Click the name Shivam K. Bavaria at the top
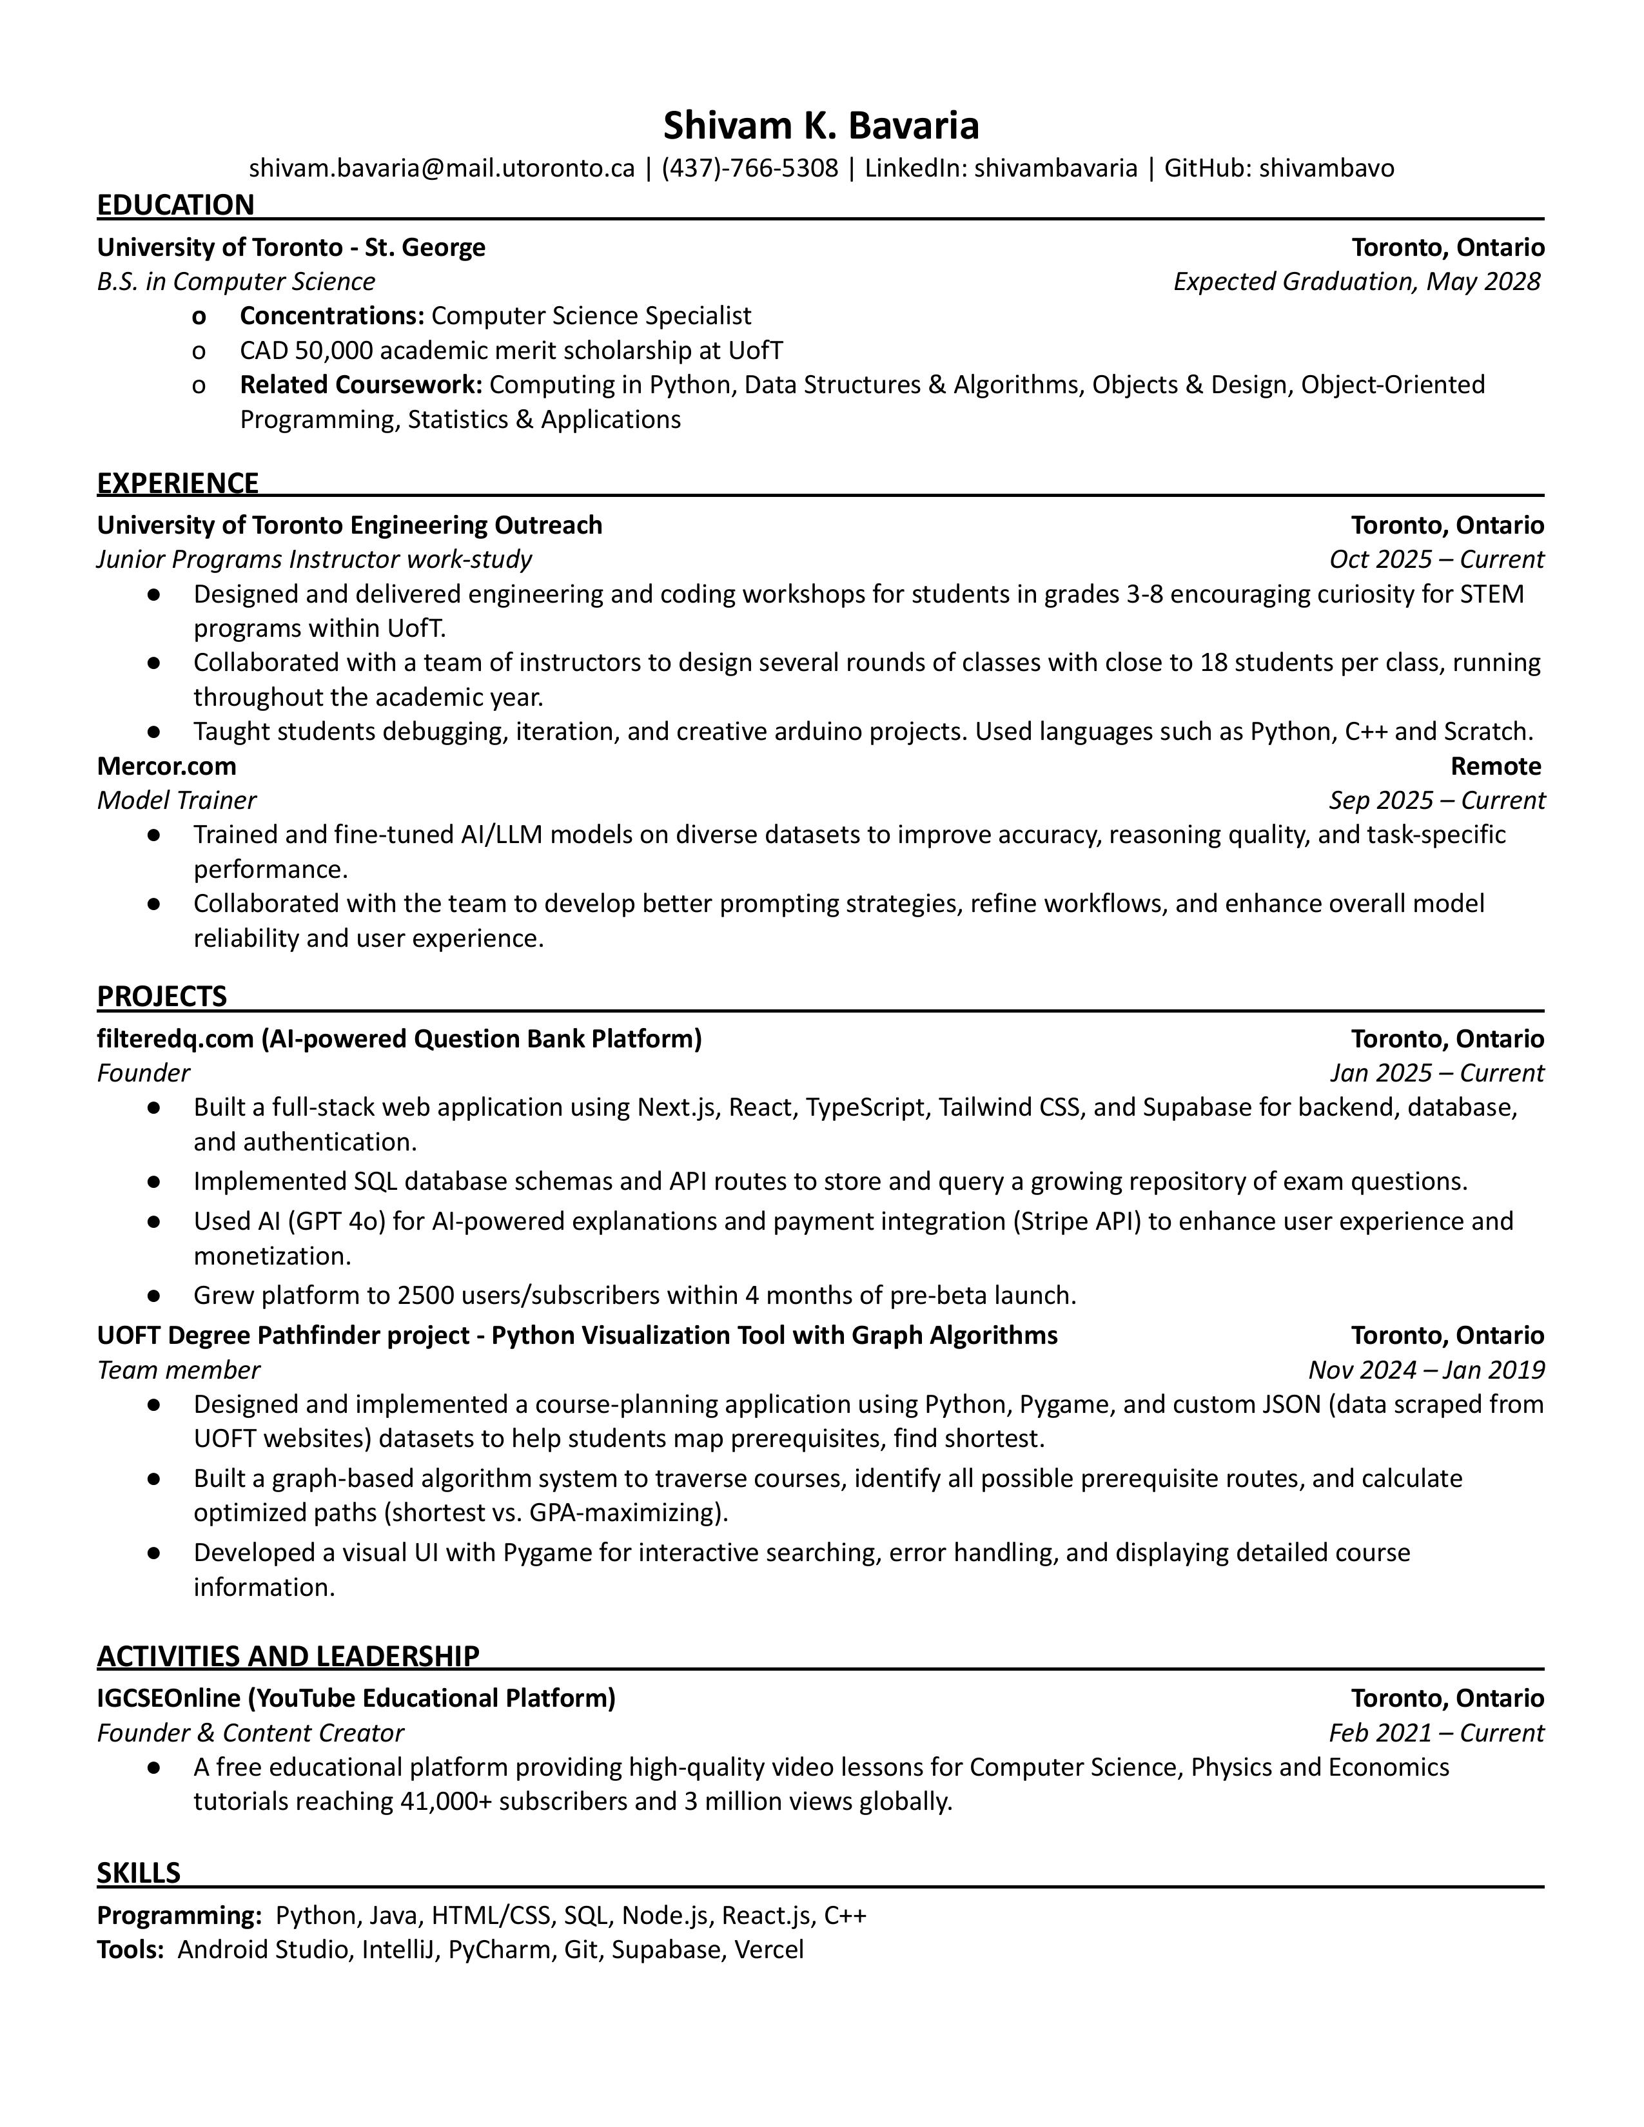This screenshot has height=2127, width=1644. click(821, 126)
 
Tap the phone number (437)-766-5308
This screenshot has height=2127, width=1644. click(749, 168)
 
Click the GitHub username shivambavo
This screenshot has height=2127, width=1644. click(1327, 168)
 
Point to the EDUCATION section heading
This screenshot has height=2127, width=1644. click(175, 204)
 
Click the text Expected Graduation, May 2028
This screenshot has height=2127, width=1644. click(1356, 282)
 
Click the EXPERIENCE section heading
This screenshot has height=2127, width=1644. click(177, 483)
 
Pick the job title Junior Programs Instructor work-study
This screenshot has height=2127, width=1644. click(313, 559)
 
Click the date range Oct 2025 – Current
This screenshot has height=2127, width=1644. click(1436, 559)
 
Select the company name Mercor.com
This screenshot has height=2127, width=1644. click(166, 766)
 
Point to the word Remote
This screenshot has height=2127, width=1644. click(1495, 766)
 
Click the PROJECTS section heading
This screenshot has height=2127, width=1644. click(162, 996)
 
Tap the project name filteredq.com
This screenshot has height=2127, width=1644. click(175, 1039)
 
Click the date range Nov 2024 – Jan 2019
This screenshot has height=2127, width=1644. click(1426, 1370)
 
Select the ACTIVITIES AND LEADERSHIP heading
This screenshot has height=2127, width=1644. click(288, 1656)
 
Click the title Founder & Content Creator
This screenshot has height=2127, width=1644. click(250, 1734)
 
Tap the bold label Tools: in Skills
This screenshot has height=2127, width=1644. click(130, 1950)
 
